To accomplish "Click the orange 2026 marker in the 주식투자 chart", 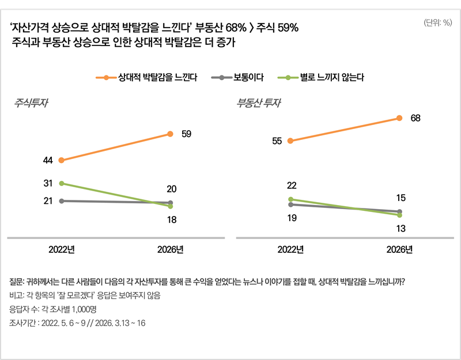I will pyautogui.click(x=170, y=134).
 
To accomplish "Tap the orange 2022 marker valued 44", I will pyautogui.click(x=61, y=160).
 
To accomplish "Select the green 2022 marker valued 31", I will pyautogui.click(x=61, y=183).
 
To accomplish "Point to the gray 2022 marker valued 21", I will pyautogui.click(x=61, y=200).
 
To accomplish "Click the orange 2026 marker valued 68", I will pyautogui.click(x=399, y=118).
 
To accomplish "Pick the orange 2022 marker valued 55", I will pyautogui.click(x=290, y=141).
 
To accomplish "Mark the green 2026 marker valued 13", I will pyautogui.click(x=399, y=215).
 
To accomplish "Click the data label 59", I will pyautogui.click(x=186, y=134).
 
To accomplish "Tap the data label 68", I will pyautogui.click(x=415, y=118).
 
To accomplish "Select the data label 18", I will pyautogui.click(x=171, y=219).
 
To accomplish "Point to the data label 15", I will pyautogui.click(x=401, y=198).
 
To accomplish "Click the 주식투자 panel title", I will pyautogui.click(x=31, y=104).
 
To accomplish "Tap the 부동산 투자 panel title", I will pyautogui.click(x=259, y=104).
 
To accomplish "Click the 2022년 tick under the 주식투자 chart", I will pyautogui.click(x=61, y=249).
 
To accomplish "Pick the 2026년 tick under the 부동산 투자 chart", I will pyautogui.click(x=399, y=249).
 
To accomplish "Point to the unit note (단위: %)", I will pyautogui.click(x=437, y=23).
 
